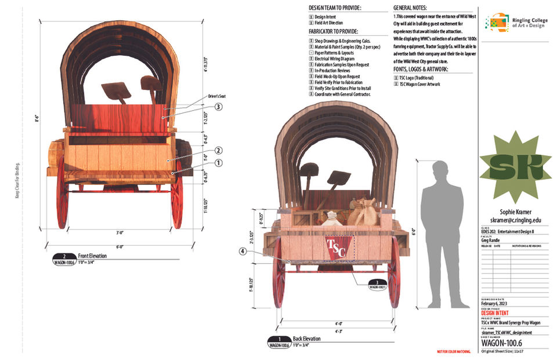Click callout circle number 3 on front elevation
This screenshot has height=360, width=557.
[218, 107]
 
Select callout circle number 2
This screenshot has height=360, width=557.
[218, 151]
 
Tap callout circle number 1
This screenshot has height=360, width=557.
[218, 163]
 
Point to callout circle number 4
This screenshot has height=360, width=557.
[243, 252]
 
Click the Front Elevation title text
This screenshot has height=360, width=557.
[93, 255]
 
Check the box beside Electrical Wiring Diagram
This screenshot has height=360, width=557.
[312, 59]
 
